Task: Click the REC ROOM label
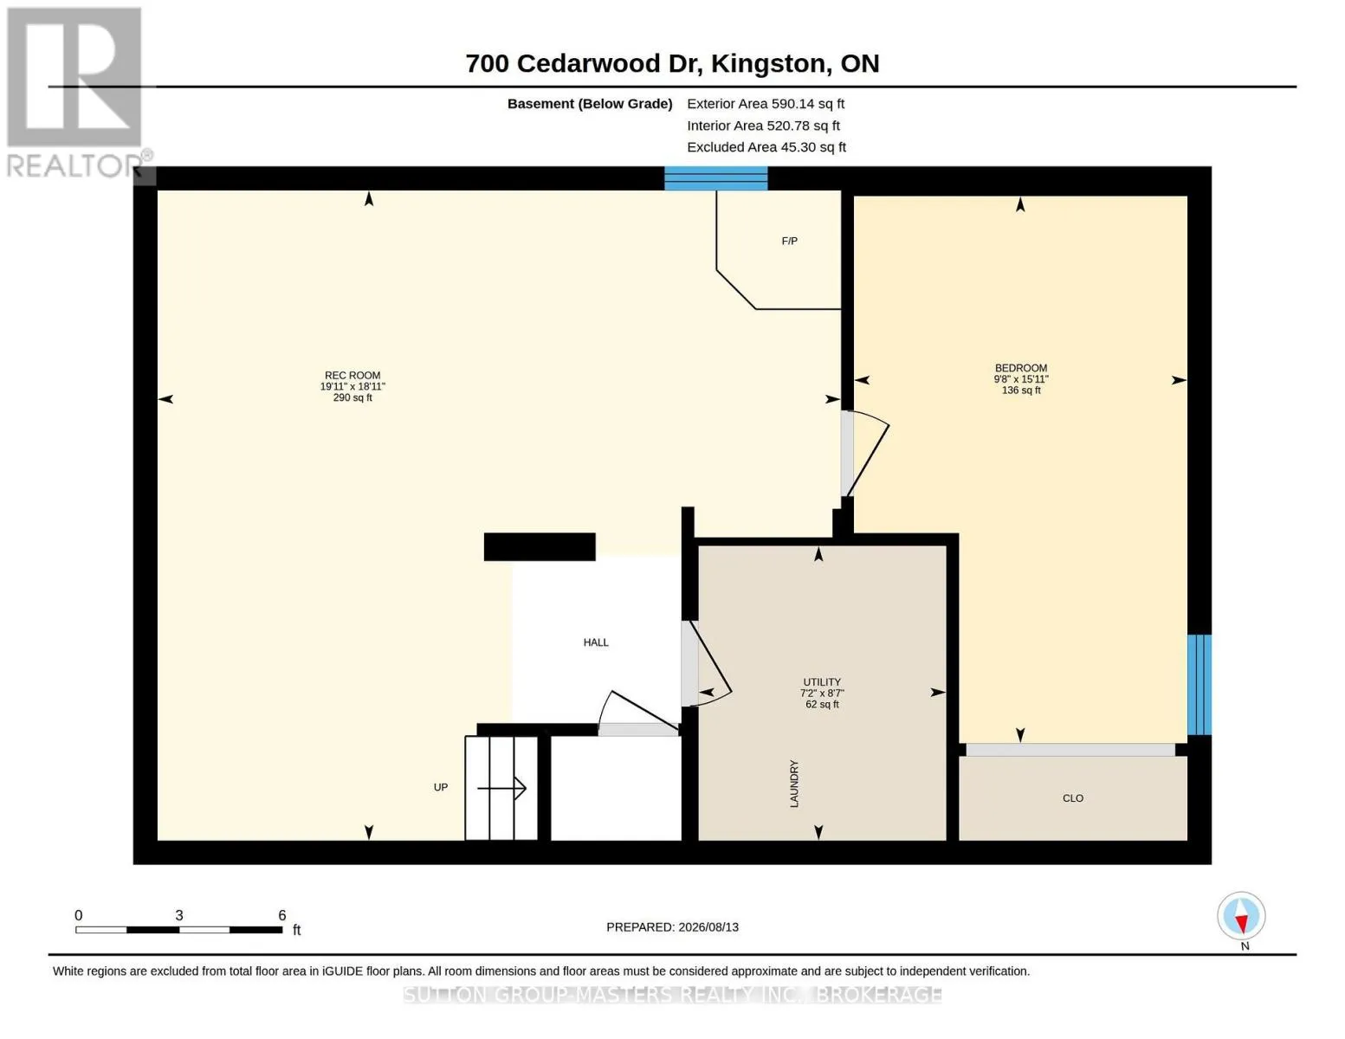click(x=352, y=375)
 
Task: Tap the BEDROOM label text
click(x=1021, y=368)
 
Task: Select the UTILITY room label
click(x=821, y=682)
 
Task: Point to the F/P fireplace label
click(x=789, y=241)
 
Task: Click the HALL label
click(x=596, y=642)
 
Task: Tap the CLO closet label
click(x=1073, y=798)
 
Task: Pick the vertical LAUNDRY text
click(x=794, y=784)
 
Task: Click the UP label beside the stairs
click(x=440, y=787)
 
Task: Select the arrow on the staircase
click(x=501, y=789)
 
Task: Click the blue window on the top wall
click(x=716, y=178)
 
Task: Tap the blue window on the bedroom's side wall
click(x=1199, y=685)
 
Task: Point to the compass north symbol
click(x=1241, y=917)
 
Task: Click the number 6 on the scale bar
click(x=281, y=914)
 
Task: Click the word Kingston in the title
click(x=768, y=64)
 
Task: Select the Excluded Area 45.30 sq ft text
click(x=766, y=147)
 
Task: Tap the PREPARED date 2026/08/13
click(x=708, y=927)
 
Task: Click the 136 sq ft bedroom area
click(x=1021, y=390)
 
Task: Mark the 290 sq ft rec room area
click(x=352, y=398)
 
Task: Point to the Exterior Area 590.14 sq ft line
click(x=766, y=104)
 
